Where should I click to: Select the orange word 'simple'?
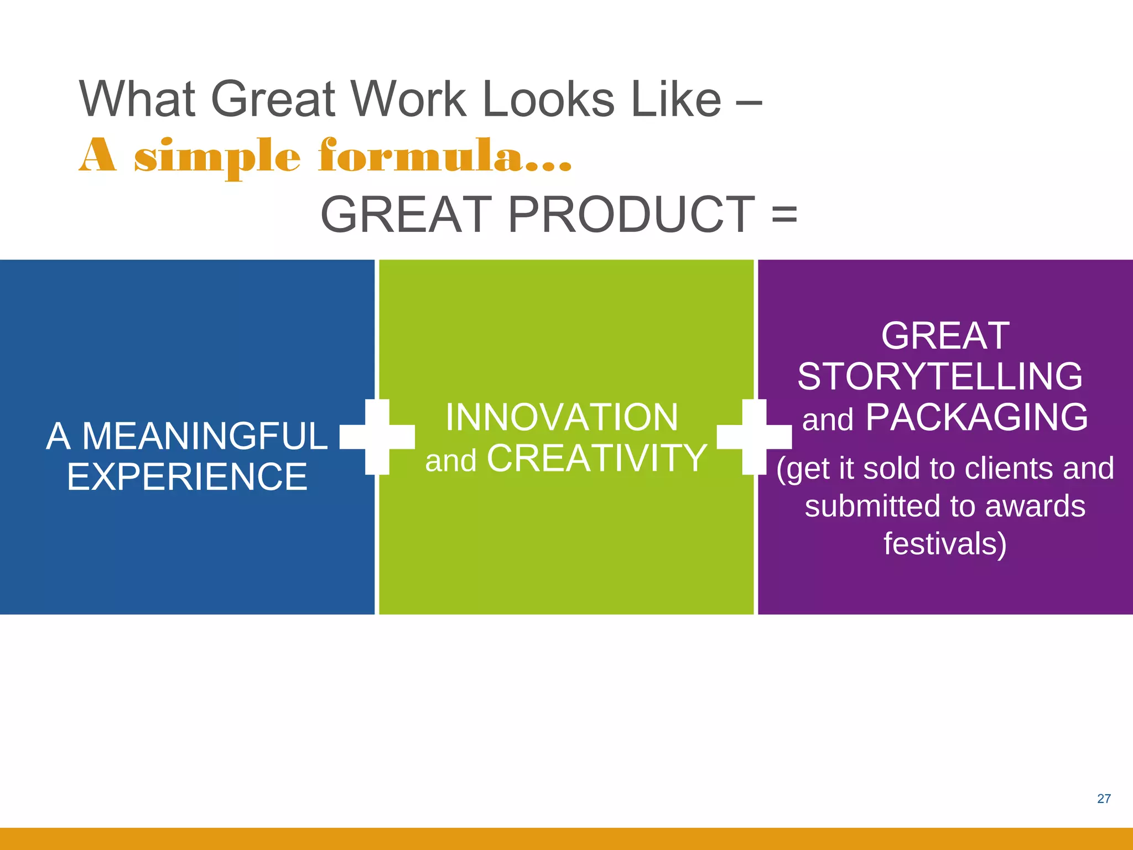tap(217, 157)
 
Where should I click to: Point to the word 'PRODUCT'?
tap(631, 215)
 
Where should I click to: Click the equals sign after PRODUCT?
tap(784, 215)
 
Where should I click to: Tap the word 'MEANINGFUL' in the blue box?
tap(205, 436)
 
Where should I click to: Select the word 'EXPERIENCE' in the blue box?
tap(187, 477)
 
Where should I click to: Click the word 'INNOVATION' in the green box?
tap(562, 417)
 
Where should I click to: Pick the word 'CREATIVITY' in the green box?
tap(597, 458)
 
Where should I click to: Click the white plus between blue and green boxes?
tap(377, 437)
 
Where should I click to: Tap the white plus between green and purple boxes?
tap(754, 437)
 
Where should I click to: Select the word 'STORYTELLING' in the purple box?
tap(940, 377)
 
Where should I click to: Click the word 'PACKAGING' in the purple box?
tap(976, 417)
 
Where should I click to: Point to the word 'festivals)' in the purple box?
tap(945, 543)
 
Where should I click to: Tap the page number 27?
tap(1104, 799)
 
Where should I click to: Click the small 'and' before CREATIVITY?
tap(450, 460)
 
